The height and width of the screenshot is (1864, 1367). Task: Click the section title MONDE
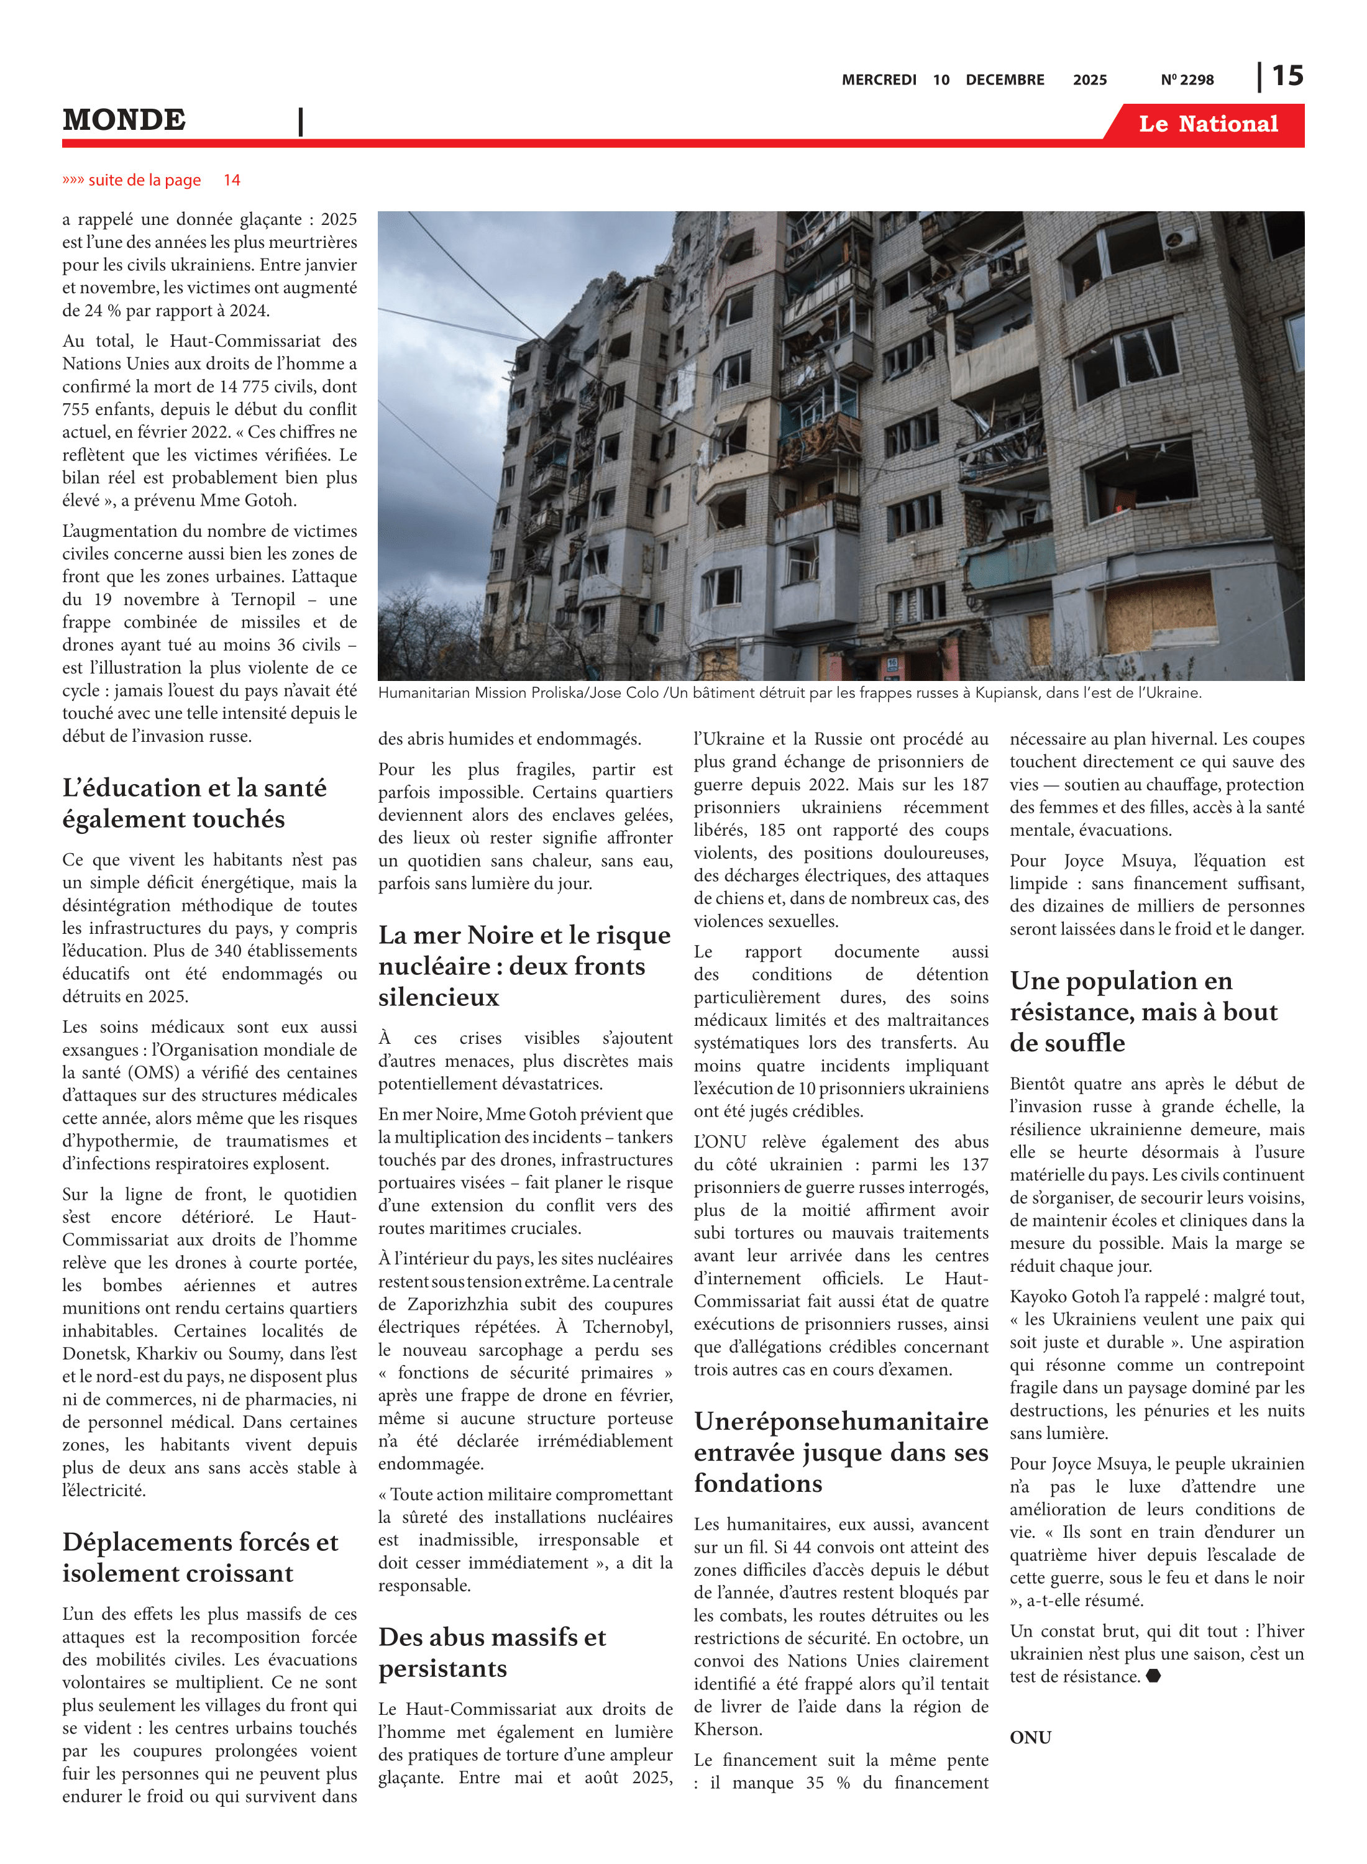tap(124, 120)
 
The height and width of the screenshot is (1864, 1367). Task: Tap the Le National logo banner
tap(1207, 124)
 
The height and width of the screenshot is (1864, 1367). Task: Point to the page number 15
tap(1287, 76)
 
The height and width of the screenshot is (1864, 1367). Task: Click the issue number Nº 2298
tap(1187, 80)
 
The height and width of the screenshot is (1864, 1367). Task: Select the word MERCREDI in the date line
tap(879, 80)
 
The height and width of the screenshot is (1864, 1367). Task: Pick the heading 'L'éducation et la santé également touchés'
tap(194, 803)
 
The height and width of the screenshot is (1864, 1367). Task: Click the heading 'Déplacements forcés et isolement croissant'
tap(200, 1557)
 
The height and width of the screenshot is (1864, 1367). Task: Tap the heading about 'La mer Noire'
tap(524, 966)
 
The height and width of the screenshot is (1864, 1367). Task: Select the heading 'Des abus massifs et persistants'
tap(492, 1652)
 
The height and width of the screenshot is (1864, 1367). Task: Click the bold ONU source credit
tap(1030, 1737)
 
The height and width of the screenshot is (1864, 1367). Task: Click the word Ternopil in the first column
tap(263, 599)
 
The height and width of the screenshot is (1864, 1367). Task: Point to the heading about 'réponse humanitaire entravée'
tap(841, 1452)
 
